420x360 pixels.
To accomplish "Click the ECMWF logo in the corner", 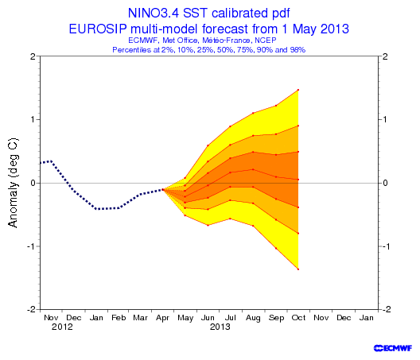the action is (x=393, y=348).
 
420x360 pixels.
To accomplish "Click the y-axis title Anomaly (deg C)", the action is (x=13, y=183).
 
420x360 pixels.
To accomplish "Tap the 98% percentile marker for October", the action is (x=298, y=90).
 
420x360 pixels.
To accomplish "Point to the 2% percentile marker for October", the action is (x=298, y=269).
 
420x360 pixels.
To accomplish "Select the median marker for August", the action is (x=253, y=169).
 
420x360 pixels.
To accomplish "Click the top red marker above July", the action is (x=230, y=126).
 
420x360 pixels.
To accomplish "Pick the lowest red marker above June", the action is (x=208, y=226).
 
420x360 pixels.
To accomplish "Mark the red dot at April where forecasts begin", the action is (x=162, y=189).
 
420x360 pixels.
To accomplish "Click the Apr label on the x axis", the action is (x=162, y=318).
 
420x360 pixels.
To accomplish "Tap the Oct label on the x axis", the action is (x=298, y=318).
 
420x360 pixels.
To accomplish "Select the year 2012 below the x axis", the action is (x=62, y=327).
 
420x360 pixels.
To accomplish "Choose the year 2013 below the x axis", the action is (x=220, y=327).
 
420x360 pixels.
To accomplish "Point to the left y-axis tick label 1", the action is (x=33, y=119).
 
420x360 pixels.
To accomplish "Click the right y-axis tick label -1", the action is (x=385, y=246).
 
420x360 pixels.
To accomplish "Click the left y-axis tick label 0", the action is (x=33, y=183).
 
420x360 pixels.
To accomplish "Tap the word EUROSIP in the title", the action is (x=98, y=29).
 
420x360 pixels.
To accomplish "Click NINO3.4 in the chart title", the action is (x=154, y=13).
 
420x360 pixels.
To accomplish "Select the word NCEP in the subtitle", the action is (x=266, y=41).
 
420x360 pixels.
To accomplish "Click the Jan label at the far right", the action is (x=366, y=318).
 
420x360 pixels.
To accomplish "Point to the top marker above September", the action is (x=276, y=106).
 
